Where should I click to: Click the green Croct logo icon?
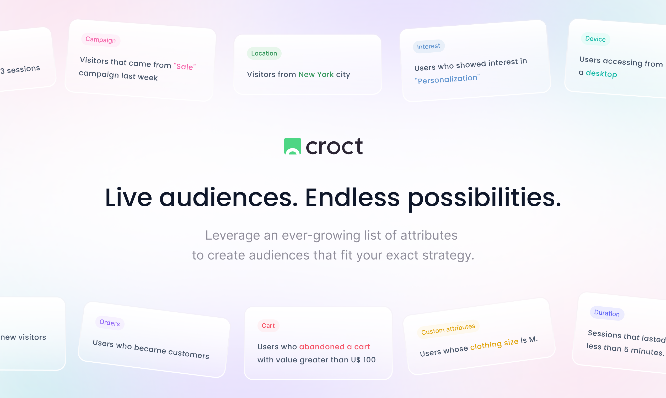292,146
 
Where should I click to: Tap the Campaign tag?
101,40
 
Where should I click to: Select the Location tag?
264,53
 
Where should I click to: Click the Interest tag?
428,46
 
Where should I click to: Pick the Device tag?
595,39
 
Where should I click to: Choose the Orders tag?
110,323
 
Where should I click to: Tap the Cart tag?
268,325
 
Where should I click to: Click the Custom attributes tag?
448,329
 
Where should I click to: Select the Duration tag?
607,313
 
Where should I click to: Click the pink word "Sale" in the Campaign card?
185,67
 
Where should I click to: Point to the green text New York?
316,74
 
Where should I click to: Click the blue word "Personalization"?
447,79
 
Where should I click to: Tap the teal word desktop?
601,74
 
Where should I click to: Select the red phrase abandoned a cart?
334,347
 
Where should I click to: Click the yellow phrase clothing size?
494,344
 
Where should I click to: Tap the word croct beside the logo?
334,147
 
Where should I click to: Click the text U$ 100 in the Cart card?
363,360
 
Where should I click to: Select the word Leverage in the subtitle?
233,235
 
